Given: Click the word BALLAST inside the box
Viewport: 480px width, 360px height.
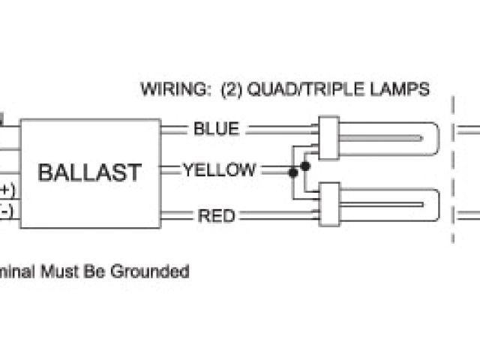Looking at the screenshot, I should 89,172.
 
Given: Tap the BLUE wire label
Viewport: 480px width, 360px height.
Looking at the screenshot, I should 216,128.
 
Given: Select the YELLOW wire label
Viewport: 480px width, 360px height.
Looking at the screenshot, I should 219,170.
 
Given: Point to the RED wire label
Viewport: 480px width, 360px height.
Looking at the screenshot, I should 216,216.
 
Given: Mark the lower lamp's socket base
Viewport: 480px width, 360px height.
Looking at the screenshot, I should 327,204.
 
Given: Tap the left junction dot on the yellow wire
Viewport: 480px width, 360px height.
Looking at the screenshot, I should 293,172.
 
